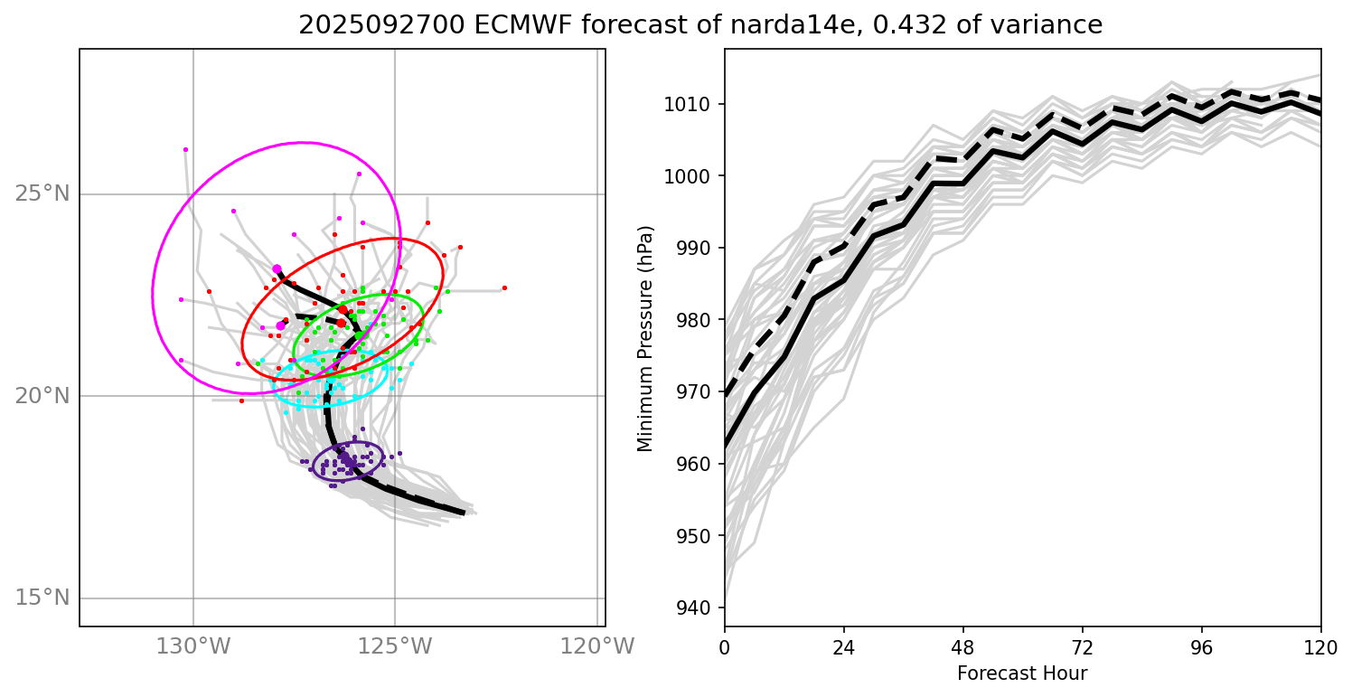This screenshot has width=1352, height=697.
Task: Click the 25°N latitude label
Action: click(42, 193)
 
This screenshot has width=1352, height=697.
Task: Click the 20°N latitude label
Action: click(42, 396)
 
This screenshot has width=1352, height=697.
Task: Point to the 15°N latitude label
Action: click(42, 598)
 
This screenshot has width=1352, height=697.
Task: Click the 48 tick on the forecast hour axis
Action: click(962, 648)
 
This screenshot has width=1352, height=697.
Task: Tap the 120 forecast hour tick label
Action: click(1320, 648)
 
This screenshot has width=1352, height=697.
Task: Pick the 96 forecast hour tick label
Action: click(1201, 648)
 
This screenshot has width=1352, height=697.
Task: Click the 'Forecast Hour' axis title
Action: click(1022, 673)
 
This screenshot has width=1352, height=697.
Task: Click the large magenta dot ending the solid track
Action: click(277, 269)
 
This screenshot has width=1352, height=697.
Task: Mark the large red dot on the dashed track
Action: click(342, 310)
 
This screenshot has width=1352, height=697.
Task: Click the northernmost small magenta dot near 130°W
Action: click(185, 149)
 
